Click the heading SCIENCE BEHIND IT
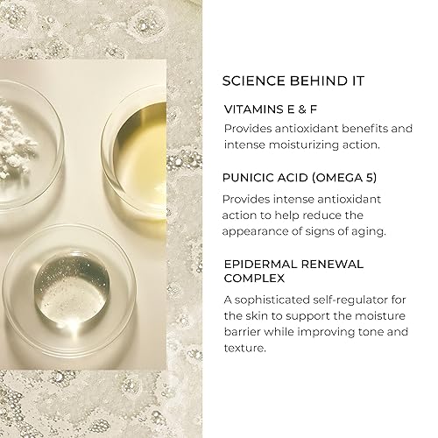pos(293,81)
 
